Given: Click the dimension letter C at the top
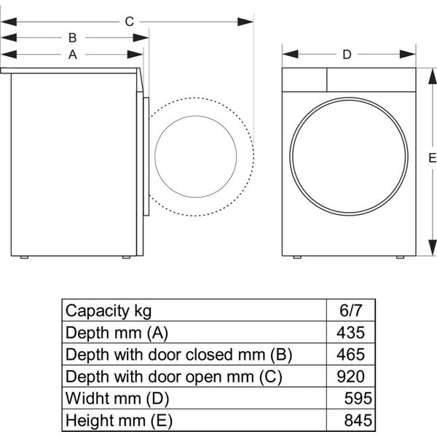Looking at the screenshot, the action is (x=130, y=22).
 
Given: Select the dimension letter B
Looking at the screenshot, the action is (x=72, y=38).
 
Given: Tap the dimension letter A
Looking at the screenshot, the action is (x=73, y=55).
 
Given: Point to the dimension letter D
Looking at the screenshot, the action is (x=347, y=55).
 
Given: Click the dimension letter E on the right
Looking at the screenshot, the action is (x=432, y=158).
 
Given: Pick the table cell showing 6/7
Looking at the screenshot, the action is (x=350, y=310).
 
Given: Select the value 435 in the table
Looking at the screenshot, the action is (x=350, y=332).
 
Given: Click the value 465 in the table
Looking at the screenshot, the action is (x=350, y=354).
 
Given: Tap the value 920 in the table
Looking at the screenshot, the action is (x=350, y=377).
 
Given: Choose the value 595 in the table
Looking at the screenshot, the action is (x=358, y=398).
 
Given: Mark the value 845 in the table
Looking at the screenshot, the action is (x=358, y=420).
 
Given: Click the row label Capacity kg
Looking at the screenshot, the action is (x=109, y=311).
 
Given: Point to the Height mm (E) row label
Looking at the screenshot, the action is (x=119, y=420).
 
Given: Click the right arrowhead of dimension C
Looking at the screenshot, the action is (x=245, y=22).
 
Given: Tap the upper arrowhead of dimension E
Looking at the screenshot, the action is (x=432, y=76).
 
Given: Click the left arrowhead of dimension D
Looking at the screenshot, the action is (x=290, y=55).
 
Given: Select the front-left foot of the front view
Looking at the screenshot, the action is (x=297, y=257).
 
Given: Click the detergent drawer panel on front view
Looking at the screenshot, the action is (x=304, y=79).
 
